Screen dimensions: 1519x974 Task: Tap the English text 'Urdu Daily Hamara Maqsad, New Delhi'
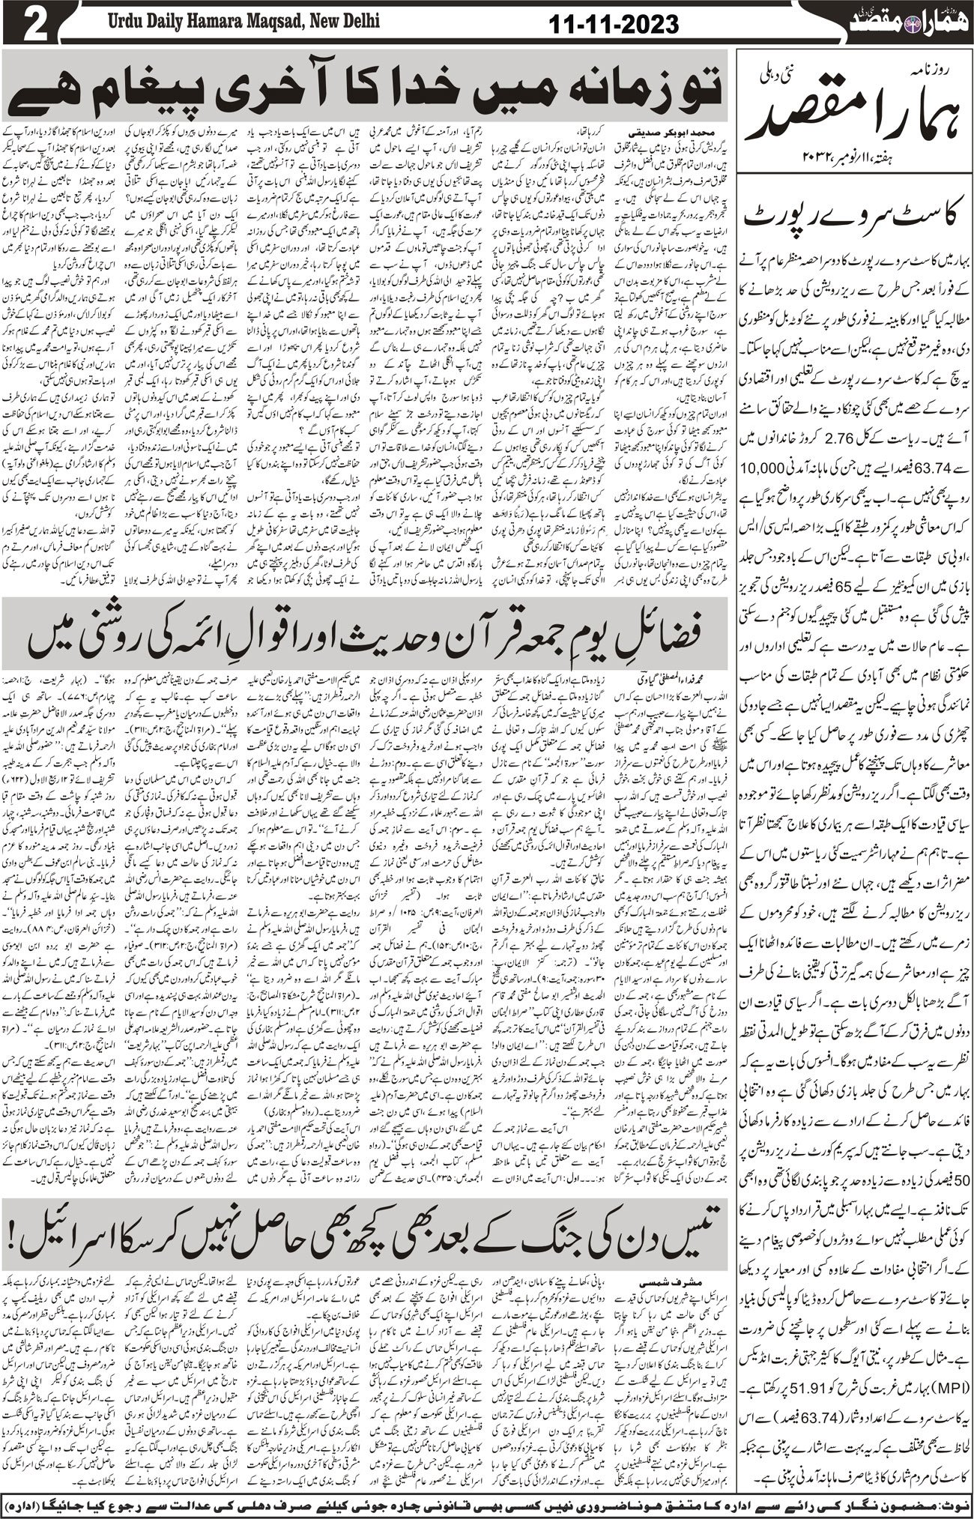[x=237, y=22]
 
